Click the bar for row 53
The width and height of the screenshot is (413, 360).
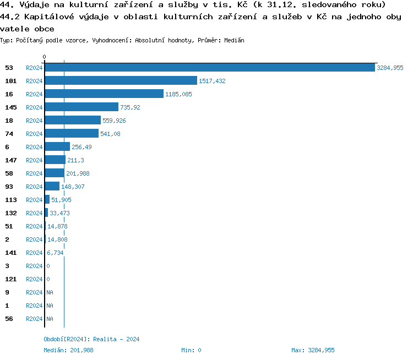pos(209,68)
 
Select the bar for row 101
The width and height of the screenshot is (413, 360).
pos(121,81)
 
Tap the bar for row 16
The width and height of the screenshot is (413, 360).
pos(104,94)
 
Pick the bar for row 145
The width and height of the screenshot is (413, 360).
pos(81,107)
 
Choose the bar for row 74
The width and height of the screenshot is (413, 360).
pos(72,134)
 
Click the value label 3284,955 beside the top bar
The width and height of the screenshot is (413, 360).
pos(390,68)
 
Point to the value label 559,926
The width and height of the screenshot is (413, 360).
pos(114,121)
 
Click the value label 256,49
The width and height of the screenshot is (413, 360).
pos(82,147)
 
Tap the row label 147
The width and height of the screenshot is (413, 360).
pos(11,160)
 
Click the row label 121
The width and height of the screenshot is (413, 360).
pos(11,279)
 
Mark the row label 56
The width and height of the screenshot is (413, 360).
pos(9,319)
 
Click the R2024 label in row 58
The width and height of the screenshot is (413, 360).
pos(34,173)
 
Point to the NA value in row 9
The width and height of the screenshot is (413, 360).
pos(50,292)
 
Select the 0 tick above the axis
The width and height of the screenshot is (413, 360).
pos(45,57)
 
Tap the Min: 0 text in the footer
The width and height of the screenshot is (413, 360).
pos(191,350)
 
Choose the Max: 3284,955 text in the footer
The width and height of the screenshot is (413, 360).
pos(313,350)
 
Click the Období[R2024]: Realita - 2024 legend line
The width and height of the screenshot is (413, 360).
pos(91,339)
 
